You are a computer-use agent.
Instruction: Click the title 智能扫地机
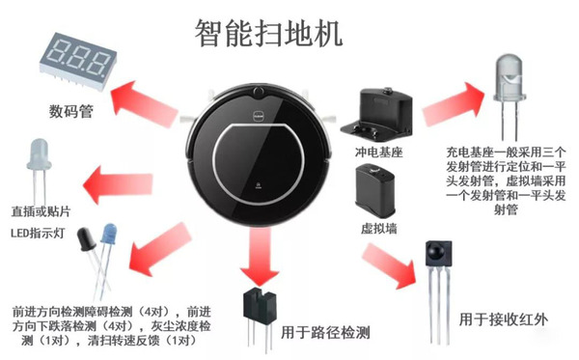(268, 33)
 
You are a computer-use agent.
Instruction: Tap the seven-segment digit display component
(78, 61)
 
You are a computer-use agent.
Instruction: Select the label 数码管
(70, 111)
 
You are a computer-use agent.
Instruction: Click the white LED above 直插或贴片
(39, 153)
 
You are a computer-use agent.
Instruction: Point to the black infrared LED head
(86, 238)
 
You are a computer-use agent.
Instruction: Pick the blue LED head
(109, 233)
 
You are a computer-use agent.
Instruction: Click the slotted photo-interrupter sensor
(259, 307)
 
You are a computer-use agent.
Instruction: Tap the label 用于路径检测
(325, 333)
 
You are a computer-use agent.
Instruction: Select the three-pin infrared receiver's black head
(438, 253)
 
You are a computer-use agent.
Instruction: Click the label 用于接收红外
(504, 319)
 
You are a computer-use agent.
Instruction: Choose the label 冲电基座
(379, 152)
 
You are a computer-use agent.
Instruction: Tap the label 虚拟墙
(379, 228)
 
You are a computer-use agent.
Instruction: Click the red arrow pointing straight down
(260, 257)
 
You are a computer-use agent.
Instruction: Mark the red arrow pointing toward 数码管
(145, 104)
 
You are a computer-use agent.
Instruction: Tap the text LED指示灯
(38, 233)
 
